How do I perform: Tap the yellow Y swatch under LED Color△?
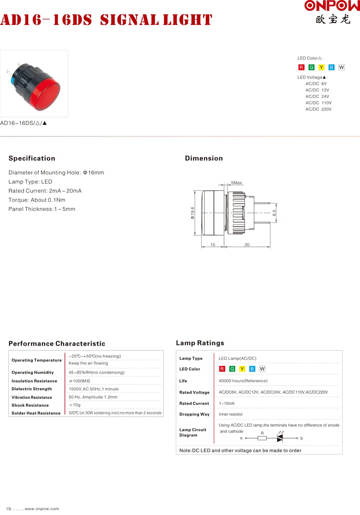322,67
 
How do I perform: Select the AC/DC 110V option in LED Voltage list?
318,103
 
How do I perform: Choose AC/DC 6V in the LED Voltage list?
316,84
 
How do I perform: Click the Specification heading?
32,158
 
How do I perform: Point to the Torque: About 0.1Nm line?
37,200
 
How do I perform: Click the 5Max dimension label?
237,183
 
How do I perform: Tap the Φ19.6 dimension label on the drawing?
192,213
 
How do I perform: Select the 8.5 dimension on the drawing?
274,213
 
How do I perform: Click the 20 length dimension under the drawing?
247,245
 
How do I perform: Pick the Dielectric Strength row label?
32,389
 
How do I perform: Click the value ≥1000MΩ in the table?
80,381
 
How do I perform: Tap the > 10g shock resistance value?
75,405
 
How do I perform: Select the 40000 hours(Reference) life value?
243,381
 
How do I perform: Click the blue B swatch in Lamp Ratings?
252,369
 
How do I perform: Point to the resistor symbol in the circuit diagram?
262,438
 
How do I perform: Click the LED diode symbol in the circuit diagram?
280,438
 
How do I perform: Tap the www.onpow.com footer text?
42,509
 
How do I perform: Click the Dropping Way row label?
194,414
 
